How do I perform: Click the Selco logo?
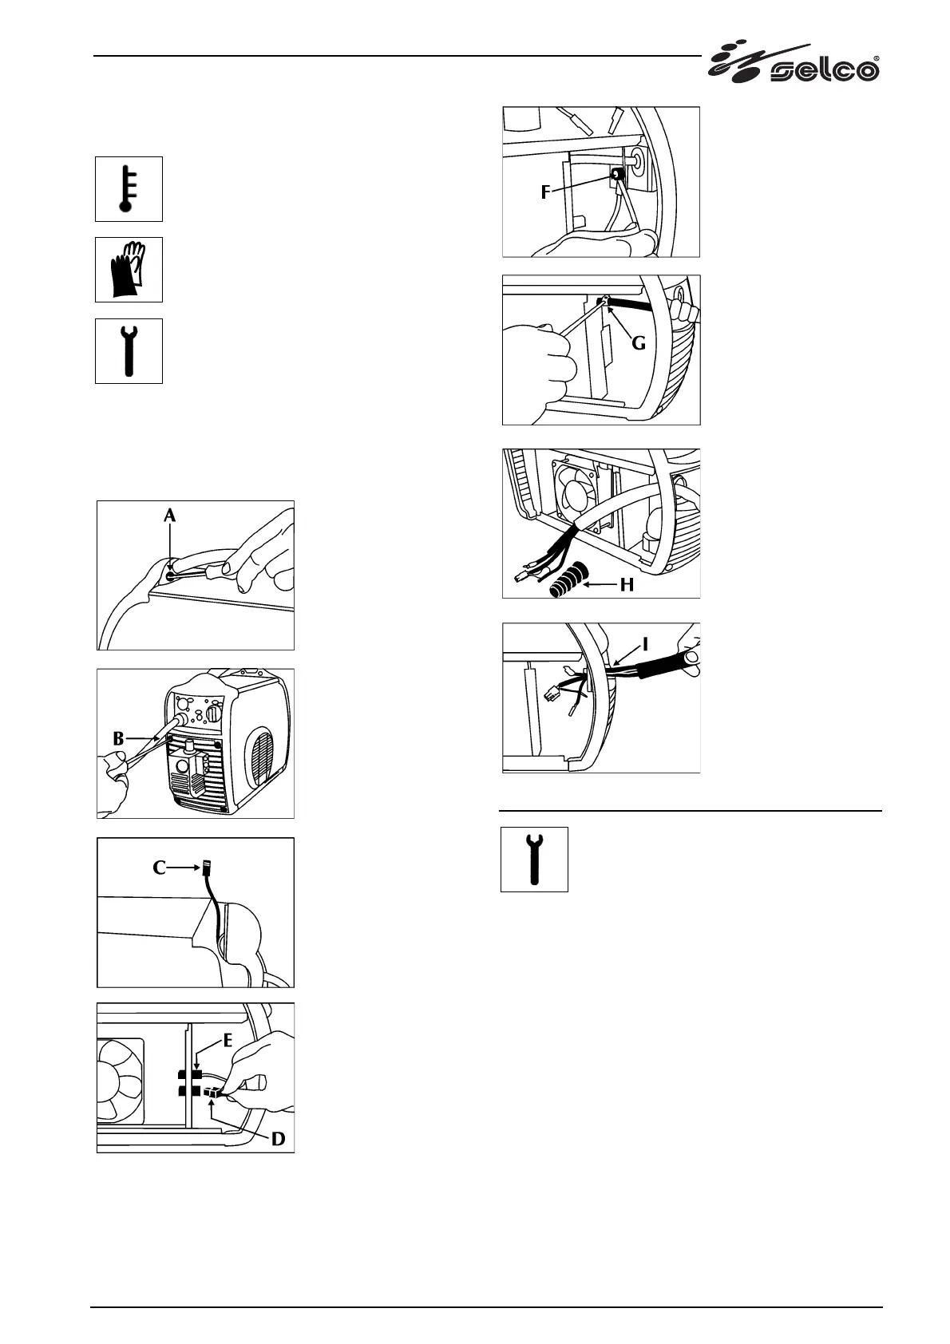click(x=794, y=63)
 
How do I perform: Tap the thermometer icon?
click(x=129, y=189)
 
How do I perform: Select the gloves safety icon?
click(x=129, y=270)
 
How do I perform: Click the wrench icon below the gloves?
click(x=129, y=351)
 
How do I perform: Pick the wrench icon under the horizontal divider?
click(x=534, y=859)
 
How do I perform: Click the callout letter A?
click(x=169, y=517)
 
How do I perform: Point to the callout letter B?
click(x=119, y=739)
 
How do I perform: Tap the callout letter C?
click(x=160, y=868)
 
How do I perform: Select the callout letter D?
click(x=277, y=1138)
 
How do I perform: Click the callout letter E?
click(x=228, y=1041)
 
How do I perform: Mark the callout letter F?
click(x=546, y=192)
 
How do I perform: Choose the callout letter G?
click(x=639, y=344)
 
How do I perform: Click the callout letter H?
click(x=627, y=585)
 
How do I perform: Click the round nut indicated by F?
click(x=616, y=174)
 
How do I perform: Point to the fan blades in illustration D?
click(x=120, y=1080)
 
